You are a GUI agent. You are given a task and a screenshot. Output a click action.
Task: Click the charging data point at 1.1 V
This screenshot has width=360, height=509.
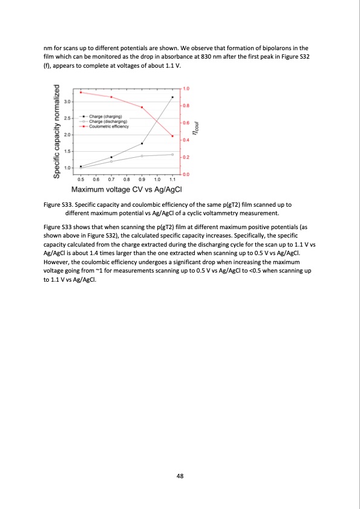coord(172,97)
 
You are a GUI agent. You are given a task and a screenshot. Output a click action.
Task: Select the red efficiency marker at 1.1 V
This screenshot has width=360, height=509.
coord(172,136)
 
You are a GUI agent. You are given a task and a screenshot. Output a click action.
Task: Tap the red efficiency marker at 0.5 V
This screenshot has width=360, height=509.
coord(80,92)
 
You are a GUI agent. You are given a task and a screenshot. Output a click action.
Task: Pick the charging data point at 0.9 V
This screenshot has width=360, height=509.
coord(142,143)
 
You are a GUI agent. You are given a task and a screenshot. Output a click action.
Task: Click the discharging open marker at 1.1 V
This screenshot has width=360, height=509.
coord(172,155)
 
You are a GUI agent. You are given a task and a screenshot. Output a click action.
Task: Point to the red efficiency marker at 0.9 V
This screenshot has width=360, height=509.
coord(142,108)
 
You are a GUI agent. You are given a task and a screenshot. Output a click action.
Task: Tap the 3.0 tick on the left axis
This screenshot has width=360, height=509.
coord(68,102)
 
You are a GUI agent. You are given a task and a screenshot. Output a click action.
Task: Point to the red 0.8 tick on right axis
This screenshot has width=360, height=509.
coord(186,106)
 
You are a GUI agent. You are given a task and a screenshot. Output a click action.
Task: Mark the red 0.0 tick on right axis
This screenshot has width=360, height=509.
coord(186,175)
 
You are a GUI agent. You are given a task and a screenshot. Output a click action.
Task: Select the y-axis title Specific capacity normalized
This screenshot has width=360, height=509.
coord(56,132)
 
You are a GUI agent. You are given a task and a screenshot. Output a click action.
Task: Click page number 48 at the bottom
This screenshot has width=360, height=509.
coord(180,476)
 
